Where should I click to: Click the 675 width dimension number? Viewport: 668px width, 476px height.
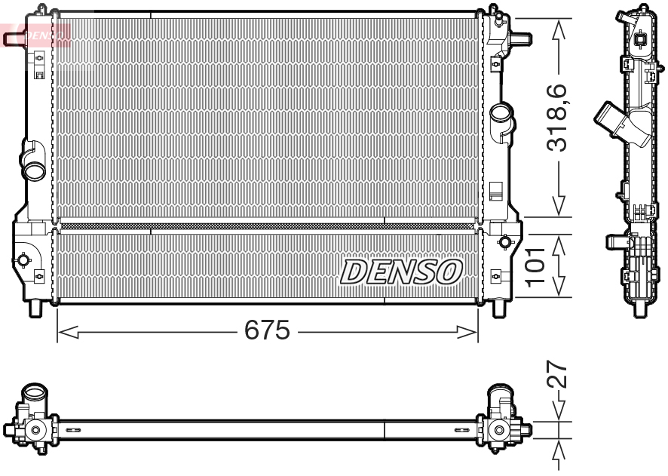[x=267, y=331]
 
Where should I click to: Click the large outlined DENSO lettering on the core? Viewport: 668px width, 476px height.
[x=402, y=272]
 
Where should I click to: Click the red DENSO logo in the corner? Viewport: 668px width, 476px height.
[x=38, y=35]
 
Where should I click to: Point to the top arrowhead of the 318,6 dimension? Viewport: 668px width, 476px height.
[x=559, y=26]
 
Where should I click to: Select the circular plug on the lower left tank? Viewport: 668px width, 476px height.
[x=23, y=260]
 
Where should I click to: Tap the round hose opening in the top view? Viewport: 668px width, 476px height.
[x=35, y=395]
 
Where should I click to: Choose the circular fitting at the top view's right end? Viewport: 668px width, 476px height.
[x=498, y=430]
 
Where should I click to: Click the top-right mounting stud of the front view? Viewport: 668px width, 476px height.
[x=520, y=35]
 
